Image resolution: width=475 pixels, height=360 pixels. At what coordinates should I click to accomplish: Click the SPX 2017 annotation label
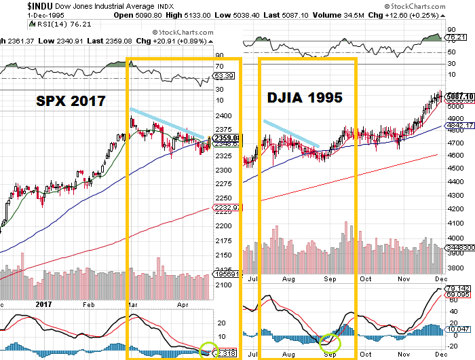[71, 101]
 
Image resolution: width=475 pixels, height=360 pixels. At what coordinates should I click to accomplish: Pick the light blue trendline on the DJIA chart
[290, 133]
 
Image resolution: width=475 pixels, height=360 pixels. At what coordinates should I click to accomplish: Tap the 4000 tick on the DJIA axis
[454, 238]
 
